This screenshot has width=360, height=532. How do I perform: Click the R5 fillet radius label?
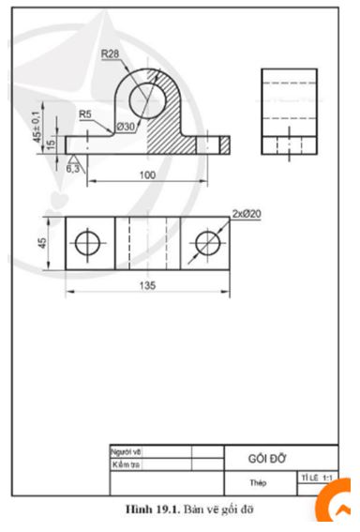click(x=85, y=114)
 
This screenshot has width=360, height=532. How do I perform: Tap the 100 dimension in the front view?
click(x=146, y=174)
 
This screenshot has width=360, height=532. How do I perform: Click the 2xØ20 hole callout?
click(x=246, y=214)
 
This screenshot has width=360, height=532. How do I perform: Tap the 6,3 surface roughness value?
click(x=73, y=171)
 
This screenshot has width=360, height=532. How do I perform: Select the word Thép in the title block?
click(x=259, y=483)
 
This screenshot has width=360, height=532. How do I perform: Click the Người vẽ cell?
click(x=125, y=452)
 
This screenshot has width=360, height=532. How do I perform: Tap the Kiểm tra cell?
click(x=126, y=464)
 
